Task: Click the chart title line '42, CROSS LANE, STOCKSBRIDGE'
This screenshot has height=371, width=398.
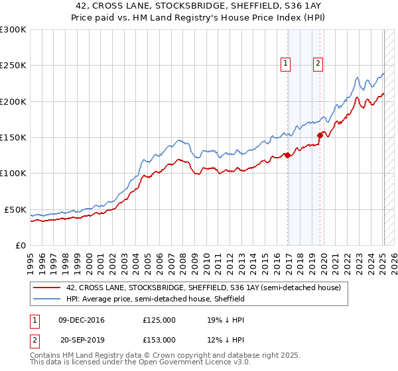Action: coord(198,6)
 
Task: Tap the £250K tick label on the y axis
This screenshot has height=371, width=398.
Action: coord(13,66)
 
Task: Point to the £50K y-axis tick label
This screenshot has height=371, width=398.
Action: coord(15,209)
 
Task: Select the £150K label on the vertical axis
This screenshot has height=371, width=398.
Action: coord(13,138)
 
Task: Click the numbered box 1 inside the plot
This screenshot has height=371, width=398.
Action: coord(285,64)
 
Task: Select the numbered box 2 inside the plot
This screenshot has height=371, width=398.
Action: coord(318,64)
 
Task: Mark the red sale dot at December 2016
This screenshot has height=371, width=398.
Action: coord(287,156)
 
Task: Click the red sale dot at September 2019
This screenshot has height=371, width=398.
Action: coord(320,135)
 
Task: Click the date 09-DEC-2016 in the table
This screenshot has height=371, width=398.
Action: coord(82,319)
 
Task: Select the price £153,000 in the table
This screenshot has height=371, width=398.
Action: coord(159,339)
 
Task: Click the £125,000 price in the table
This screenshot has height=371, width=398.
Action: coord(159,319)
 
